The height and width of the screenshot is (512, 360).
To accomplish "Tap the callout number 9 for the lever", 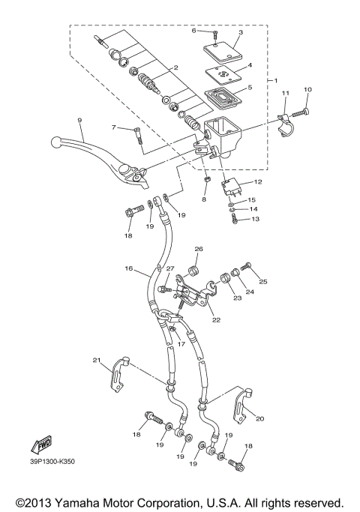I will [x=79, y=120].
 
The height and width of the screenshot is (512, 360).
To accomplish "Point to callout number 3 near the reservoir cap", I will [x=240, y=33].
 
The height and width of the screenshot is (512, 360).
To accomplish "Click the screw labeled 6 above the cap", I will [x=214, y=34].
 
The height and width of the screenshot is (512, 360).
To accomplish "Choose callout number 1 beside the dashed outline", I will [x=275, y=79].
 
